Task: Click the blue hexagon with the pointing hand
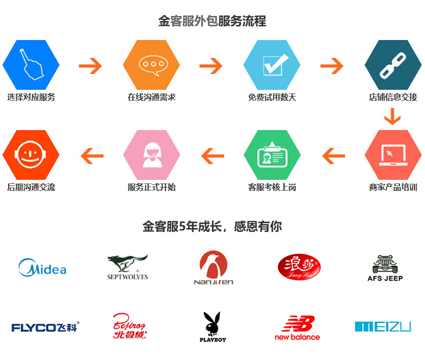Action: pos(31,64)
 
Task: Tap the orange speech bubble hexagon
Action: pos(151,64)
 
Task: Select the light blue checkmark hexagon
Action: pos(272,64)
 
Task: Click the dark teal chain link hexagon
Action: pos(392,64)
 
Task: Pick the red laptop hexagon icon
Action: pos(392,155)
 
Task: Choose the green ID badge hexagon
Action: pos(272,155)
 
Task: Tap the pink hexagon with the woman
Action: pos(151,155)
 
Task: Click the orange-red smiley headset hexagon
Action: pos(31,155)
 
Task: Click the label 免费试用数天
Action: pos(272,97)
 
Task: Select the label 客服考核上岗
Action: pos(272,187)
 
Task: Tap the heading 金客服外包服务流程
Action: pos(212,21)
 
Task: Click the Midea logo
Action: pos(42,268)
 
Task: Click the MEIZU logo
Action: pos(382,327)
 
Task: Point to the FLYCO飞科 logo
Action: pos(45,327)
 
